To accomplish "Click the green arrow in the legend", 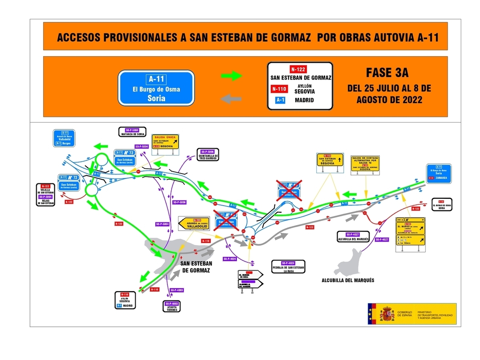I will click(x=232, y=76).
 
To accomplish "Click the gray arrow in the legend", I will click(x=232, y=99).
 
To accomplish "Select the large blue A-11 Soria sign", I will click(x=156, y=89).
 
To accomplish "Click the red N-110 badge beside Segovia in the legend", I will click(x=279, y=89).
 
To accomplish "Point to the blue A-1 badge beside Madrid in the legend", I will click(x=278, y=100).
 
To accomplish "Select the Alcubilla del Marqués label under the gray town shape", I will click(x=348, y=280).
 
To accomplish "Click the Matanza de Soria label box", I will click(x=132, y=132).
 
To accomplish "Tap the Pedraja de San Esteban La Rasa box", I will click(x=288, y=266).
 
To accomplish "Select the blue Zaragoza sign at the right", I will click(x=439, y=173).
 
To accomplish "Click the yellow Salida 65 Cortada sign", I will click(x=364, y=164).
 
